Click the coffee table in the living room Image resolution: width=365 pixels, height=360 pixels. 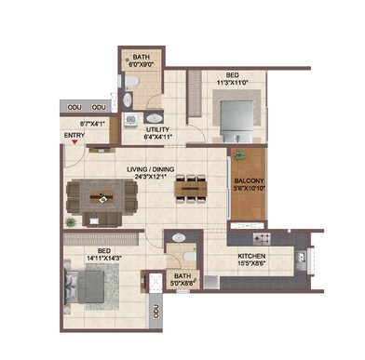(x=101, y=197)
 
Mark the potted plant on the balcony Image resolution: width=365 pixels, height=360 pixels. (x=242, y=155)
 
